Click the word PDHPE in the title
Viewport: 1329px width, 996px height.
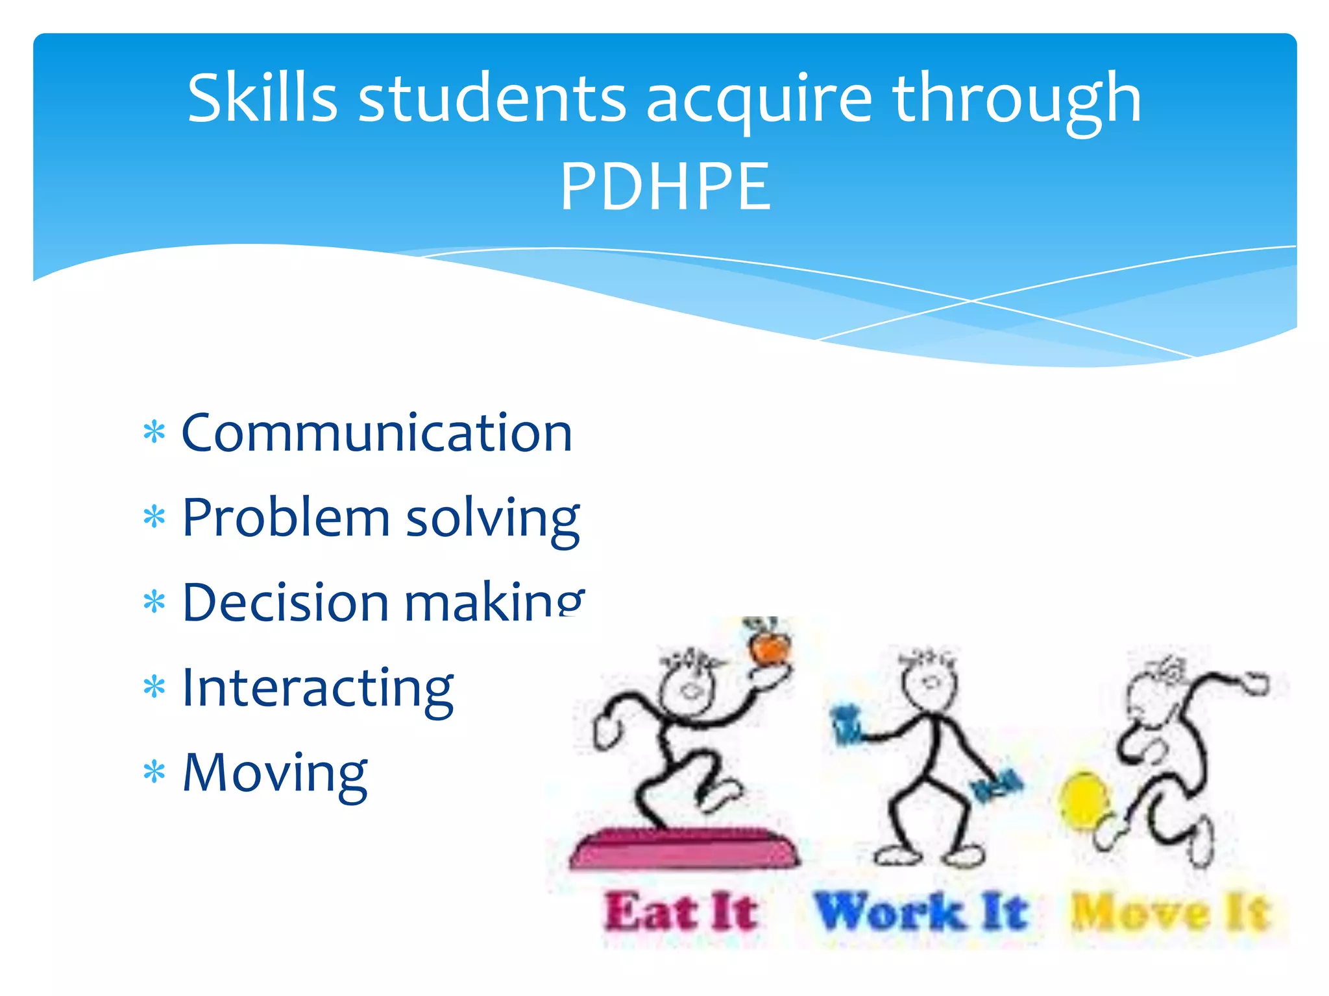click(665, 187)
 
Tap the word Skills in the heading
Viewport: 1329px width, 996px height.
click(262, 99)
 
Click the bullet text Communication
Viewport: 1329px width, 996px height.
click(377, 433)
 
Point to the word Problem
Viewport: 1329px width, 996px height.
click(286, 518)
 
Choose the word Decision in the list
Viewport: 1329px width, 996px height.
click(286, 602)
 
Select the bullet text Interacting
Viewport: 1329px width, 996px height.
click(318, 689)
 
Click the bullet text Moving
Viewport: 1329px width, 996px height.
click(275, 773)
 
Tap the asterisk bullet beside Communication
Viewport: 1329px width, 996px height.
click(154, 433)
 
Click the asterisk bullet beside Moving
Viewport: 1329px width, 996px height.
click(154, 773)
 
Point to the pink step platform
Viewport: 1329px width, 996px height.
click(685, 847)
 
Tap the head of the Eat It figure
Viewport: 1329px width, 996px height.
click(688, 687)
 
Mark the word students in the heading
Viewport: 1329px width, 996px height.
click(492, 99)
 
